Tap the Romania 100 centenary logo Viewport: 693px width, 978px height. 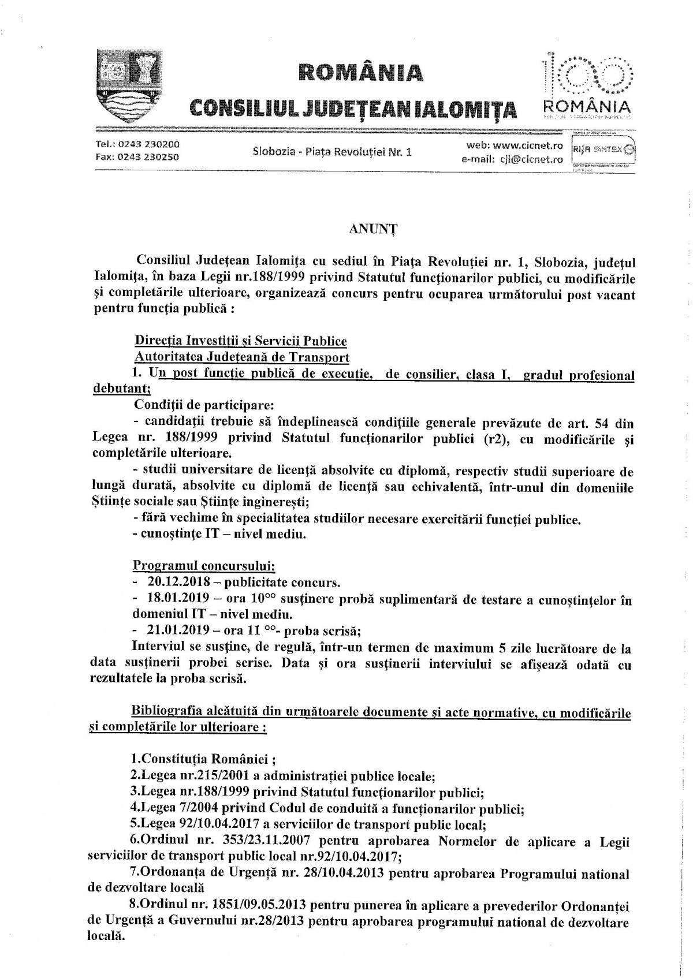[587, 84]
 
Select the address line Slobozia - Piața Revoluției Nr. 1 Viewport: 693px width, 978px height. [332, 152]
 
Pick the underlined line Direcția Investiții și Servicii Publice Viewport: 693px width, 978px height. [240, 341]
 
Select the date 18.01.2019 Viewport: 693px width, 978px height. [179, 600]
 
